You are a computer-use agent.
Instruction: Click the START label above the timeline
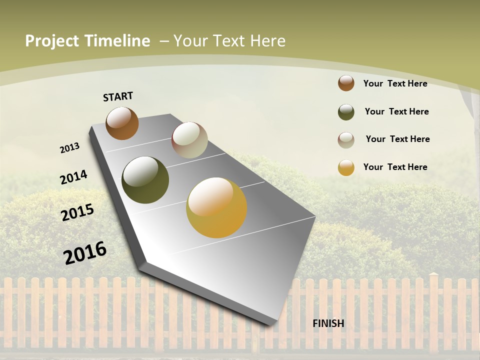(x=118, y=96)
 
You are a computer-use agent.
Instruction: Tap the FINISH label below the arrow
(x=328, y=323)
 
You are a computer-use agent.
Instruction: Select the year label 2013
(x=69, y=147)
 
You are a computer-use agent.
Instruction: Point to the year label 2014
(x=73, y=177)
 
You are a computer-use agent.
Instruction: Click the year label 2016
(x=85, y=252)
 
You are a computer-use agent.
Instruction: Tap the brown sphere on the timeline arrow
(x=122, y=123)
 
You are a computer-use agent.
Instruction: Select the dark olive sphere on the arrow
(x=145, y=180)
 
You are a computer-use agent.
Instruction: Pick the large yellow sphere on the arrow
(x=216, y=207)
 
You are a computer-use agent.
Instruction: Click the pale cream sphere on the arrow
(x=189, y=140)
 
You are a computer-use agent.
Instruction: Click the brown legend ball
(x=346, y=83)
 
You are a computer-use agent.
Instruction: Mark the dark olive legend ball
(x=346, y=112)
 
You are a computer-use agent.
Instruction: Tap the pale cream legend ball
(x=346, y=140)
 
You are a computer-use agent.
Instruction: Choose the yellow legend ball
(x=346, y=167)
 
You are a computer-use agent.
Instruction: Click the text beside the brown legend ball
(x=395, y=83)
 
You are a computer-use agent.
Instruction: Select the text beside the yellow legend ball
(x=395, y=167)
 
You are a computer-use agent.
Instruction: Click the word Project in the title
(x=52, y=41)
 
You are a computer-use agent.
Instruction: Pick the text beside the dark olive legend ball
(x=396, y=111)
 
